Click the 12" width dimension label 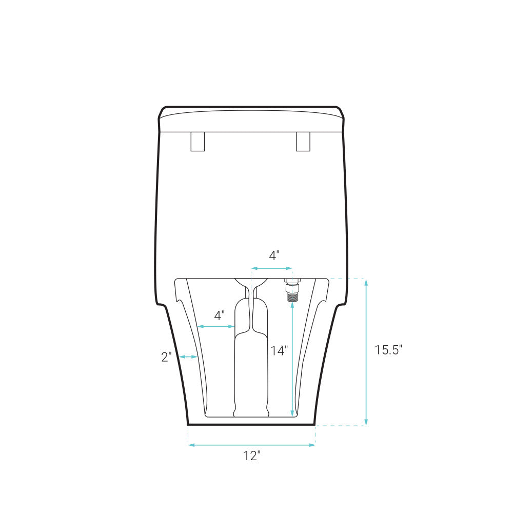[x=252, y=456]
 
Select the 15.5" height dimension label [x=388, y=350]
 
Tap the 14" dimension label [x=280, y=350]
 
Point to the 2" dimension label [x=166, y=357]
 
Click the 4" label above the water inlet [x=274, y=255]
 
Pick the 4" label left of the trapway [x=219, y=315]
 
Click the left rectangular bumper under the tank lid [x=198, y=142]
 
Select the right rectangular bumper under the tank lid [x=303, y=142]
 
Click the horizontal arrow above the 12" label [x=252, y=445]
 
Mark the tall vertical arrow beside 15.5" [x=366, y=352]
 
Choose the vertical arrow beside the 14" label [x=292, y=359]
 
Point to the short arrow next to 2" [x=188, y=357]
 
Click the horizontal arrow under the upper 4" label [x=271, y=268]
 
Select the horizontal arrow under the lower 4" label [x=216, y=326]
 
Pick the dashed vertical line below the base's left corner [x=188, y=435]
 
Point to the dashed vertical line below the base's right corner [x=315, y=435]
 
